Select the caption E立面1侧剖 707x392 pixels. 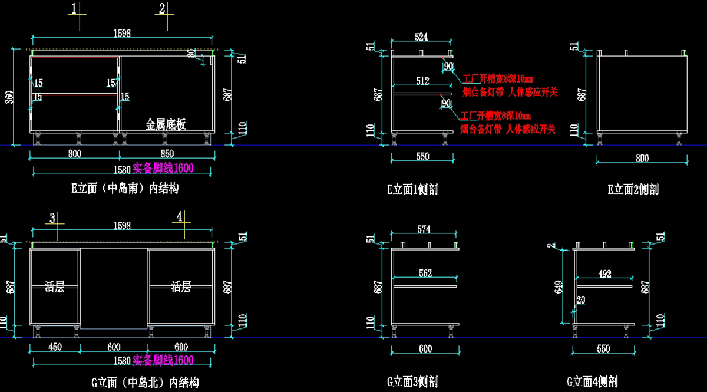412,189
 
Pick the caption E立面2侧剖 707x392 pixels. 633,189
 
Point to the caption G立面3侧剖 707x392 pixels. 412,382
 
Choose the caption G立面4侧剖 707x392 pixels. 592,382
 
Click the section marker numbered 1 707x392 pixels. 74,9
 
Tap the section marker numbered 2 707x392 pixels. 162,9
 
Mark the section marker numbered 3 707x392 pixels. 52,218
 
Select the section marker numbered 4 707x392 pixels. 179,217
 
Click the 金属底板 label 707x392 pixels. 166,124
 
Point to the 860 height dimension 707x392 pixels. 9,97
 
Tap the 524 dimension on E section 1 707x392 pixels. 421,37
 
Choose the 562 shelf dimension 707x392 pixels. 425,273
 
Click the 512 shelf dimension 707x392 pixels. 422,81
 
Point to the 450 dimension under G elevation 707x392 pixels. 54,347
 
